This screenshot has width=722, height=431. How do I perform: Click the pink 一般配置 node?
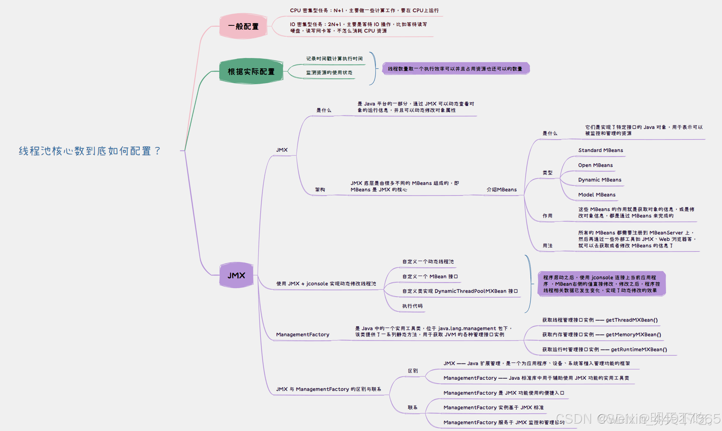pyautogui.click(x=243, y=26)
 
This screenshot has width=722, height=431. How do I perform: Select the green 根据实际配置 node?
pyautogui.click(x=251, y=72)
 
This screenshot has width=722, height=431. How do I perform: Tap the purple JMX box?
pyautogui.click(x=236, y=275)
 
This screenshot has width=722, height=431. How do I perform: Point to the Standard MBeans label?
pyautogui.click(x=601, y=150)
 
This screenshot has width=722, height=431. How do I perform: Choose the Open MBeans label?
pyautogui.click(x=595, y=165)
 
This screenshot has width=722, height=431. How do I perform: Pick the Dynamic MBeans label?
pyautogui.click(x=600, y=180)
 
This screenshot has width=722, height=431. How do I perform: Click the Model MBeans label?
pyautogui.click(x=597, y=195)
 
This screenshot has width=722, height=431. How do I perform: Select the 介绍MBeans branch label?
pyautogui.click(x=501, y=190)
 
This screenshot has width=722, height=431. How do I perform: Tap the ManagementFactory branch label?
pyautogui.click(x=303, y=335)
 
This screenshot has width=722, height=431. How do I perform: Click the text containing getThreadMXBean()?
pyautogui.click(x=600, y=320)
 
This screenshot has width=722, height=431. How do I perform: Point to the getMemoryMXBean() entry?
pyautogui.click(x=602, y=335)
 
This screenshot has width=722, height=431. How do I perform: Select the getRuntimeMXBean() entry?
pyautogui.click(x=604, y=350)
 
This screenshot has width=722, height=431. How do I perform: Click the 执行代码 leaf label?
pyautogui.click(x=412, y=306)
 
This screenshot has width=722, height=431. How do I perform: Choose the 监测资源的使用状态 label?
pyautogui.click(x=329, y=73)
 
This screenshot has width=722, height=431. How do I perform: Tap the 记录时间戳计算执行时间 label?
pyautogui.click(x=334, y=59)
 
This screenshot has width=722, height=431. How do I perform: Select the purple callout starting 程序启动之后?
pyautogui.click(x=601, y=284)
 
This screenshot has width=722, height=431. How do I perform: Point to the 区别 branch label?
pyautogui.click(x=413, y=371)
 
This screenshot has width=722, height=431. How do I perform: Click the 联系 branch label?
pyautogui.click(x=413, y=408)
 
